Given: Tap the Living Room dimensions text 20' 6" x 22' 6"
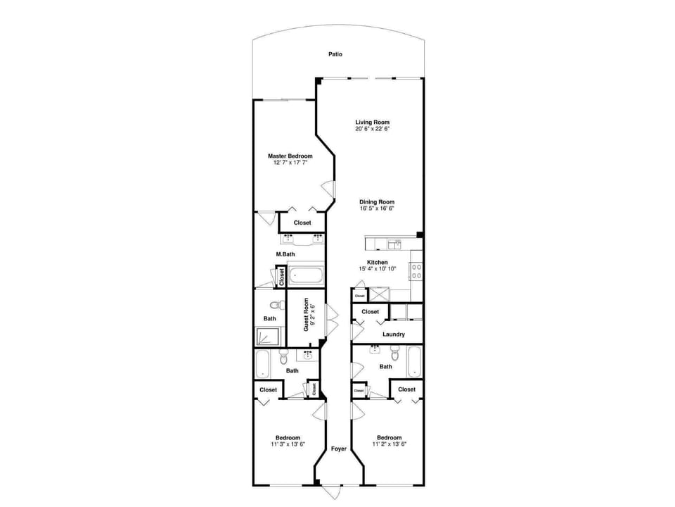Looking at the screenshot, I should point(372,129).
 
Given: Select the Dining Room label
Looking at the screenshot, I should point(377,202).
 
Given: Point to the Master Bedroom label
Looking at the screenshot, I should point(290,156).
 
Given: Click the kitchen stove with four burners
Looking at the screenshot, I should point(416,271).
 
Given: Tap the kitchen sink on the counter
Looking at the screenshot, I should point(394,244).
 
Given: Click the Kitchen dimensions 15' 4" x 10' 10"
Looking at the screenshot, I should point(378,269).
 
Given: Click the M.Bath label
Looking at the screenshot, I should point(285,254).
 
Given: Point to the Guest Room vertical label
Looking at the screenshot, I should point(307,315).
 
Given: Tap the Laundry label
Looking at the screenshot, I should point(394,334).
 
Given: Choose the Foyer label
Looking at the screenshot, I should point(338,449).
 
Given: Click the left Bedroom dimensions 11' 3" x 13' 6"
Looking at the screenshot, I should point(288,444).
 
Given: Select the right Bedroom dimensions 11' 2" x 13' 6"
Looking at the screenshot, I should point(389,444).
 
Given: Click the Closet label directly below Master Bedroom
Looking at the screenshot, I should point(302,223).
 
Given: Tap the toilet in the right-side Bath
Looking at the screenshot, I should point(395,356).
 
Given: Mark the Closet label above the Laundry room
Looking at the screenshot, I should point(371,311).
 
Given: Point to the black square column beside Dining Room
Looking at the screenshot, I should point(420,235).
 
